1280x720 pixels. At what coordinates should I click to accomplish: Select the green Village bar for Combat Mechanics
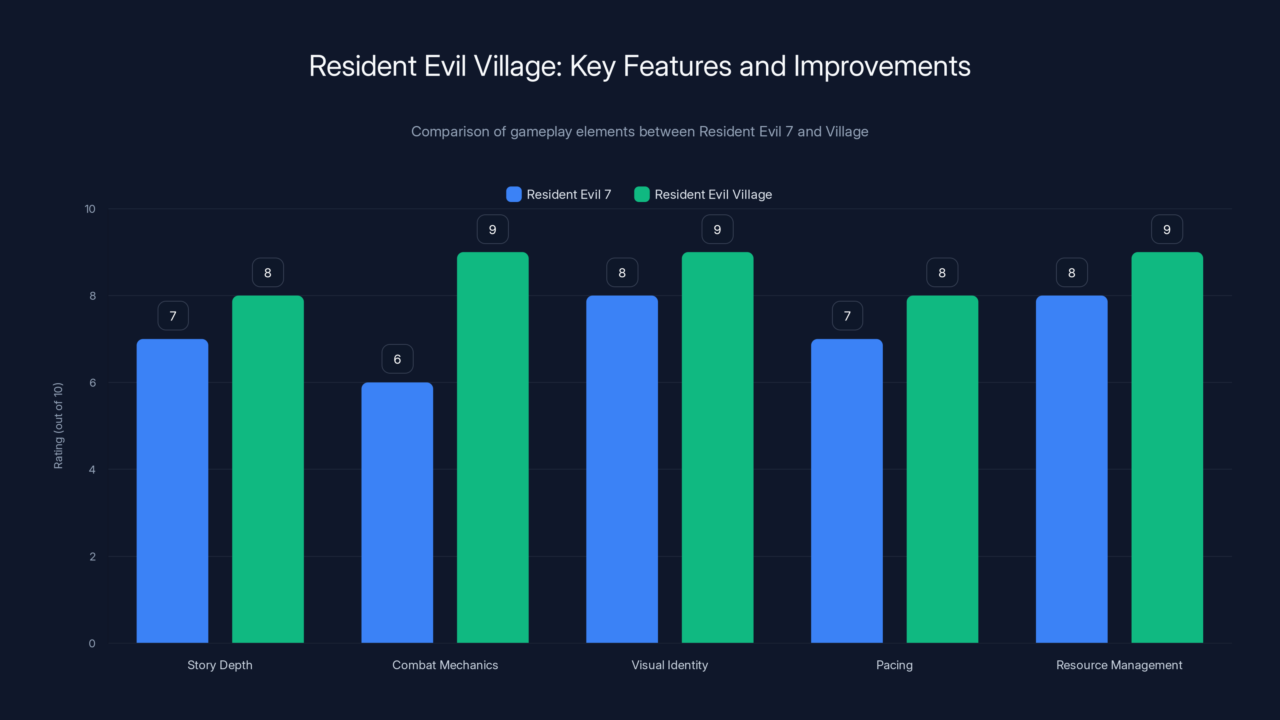(492, 447)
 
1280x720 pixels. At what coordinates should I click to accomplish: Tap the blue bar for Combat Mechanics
(397, 512)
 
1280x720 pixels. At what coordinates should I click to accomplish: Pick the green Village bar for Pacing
(942, 469)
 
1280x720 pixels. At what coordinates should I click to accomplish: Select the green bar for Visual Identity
(717, 447)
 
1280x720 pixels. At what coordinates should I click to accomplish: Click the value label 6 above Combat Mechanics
(397, 359)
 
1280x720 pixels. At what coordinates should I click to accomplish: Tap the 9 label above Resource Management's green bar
(1167, 230)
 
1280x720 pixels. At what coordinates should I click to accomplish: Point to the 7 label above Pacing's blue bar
(847, 316)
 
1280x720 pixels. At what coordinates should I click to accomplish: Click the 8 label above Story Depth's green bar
(268, 273)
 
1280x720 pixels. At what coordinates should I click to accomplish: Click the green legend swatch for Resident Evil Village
(642, 194)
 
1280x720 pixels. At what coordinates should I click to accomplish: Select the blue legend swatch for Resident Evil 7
(513, 194)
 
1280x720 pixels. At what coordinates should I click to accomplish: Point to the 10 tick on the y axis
(90, 209)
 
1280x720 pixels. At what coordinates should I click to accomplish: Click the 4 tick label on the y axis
(92, 470)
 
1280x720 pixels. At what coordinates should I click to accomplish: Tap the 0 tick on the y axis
(92, 644)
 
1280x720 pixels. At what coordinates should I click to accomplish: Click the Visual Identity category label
(669, 665)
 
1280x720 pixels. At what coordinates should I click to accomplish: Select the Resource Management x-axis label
(1119, 665)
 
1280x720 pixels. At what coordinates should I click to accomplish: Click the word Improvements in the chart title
(882, 66)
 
